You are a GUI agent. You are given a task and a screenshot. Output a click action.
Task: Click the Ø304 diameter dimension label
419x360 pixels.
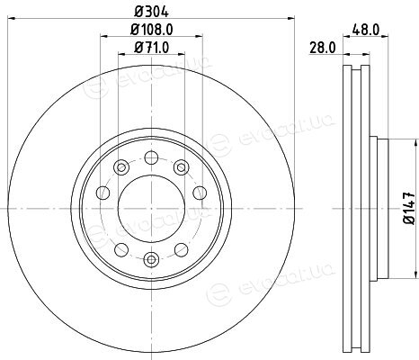point(152,12)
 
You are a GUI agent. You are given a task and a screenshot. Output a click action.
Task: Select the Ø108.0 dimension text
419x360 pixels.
point(152,30)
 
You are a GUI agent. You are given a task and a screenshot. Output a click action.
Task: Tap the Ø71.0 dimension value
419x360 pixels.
point(152,48)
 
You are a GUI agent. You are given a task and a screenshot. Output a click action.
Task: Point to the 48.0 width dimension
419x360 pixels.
point(366,30)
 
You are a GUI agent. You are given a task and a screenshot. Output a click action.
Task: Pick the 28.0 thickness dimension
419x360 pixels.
point(323,48)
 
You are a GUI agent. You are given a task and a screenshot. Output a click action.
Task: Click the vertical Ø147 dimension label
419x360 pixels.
point(409,208)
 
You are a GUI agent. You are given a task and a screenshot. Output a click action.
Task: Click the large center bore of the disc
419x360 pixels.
point(151,208)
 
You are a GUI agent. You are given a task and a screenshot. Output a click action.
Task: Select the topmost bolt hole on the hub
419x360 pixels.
point(151,157)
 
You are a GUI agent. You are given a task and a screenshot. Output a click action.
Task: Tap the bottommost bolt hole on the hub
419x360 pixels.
point(151,259)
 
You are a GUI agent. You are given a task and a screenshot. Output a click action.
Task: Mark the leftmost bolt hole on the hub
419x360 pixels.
point(103,193)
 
